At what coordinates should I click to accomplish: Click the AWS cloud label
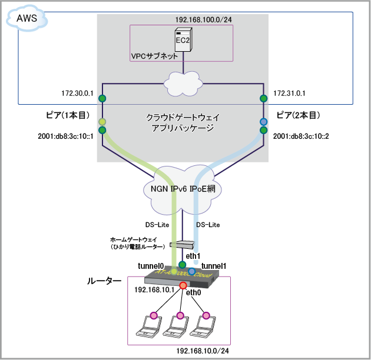26,19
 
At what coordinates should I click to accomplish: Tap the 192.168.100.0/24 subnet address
203,19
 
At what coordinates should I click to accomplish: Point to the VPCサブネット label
154,56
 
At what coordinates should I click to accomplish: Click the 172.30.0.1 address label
76,93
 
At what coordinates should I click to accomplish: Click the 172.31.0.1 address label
290,93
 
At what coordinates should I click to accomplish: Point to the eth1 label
193,256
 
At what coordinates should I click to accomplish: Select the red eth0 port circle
183,286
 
